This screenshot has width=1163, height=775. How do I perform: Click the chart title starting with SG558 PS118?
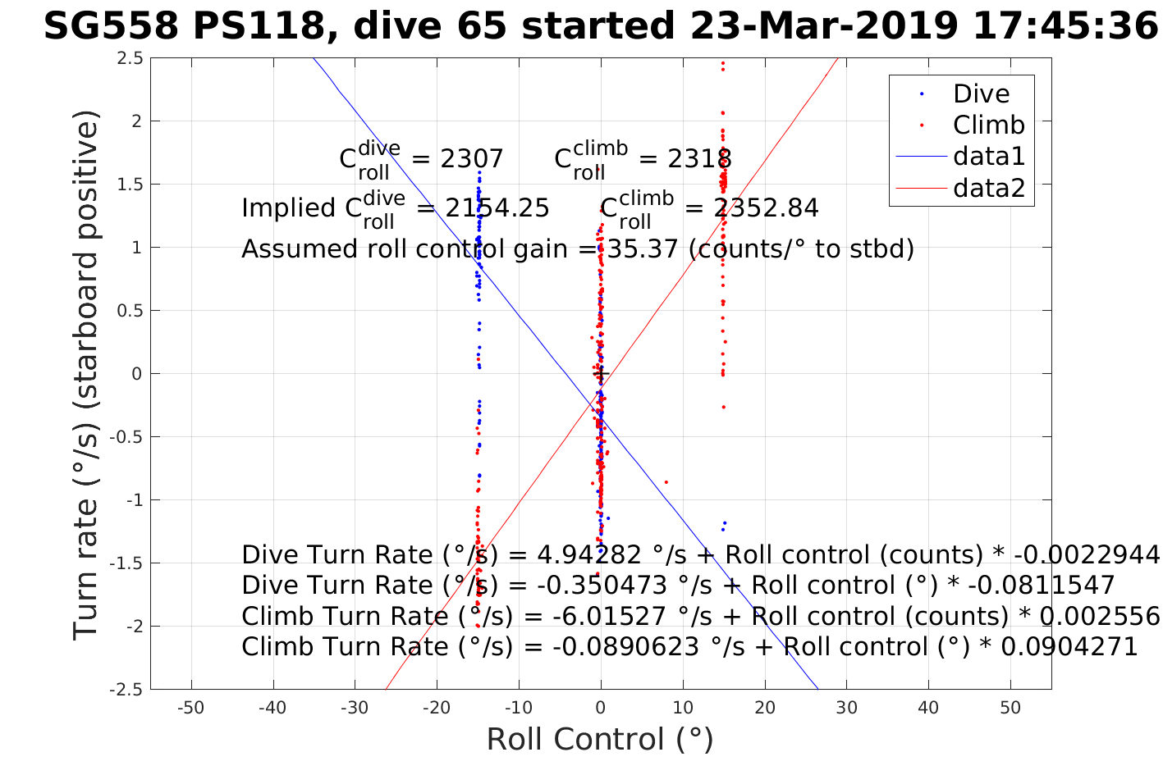(x=600, y=26)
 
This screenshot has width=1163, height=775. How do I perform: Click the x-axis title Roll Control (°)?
(x=600, y=740)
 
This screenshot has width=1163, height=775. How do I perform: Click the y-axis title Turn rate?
(x=86, y=374)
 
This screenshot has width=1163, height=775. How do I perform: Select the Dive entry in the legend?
(x=981, y=93)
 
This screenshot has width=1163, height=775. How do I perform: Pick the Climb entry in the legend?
(x=988, y=125)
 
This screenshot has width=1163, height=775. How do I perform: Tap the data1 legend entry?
(x=988, y=156)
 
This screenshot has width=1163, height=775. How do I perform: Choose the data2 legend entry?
(x=988, y=188)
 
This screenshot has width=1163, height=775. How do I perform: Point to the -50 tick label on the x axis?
(x=190, y=708)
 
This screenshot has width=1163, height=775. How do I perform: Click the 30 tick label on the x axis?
(x=846, y=708)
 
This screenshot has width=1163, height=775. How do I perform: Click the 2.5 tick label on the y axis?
(x=130, y=58)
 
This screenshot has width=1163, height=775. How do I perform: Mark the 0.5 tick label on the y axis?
(x=130, y=311)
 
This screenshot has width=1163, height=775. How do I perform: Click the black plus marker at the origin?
(x=601, y=374)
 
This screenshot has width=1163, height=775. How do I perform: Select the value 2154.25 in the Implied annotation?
(x=497, y=208)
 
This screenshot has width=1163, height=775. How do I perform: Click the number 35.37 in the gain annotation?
(x=641, y=248)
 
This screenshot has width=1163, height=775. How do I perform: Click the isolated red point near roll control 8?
(x=666, y=482)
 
